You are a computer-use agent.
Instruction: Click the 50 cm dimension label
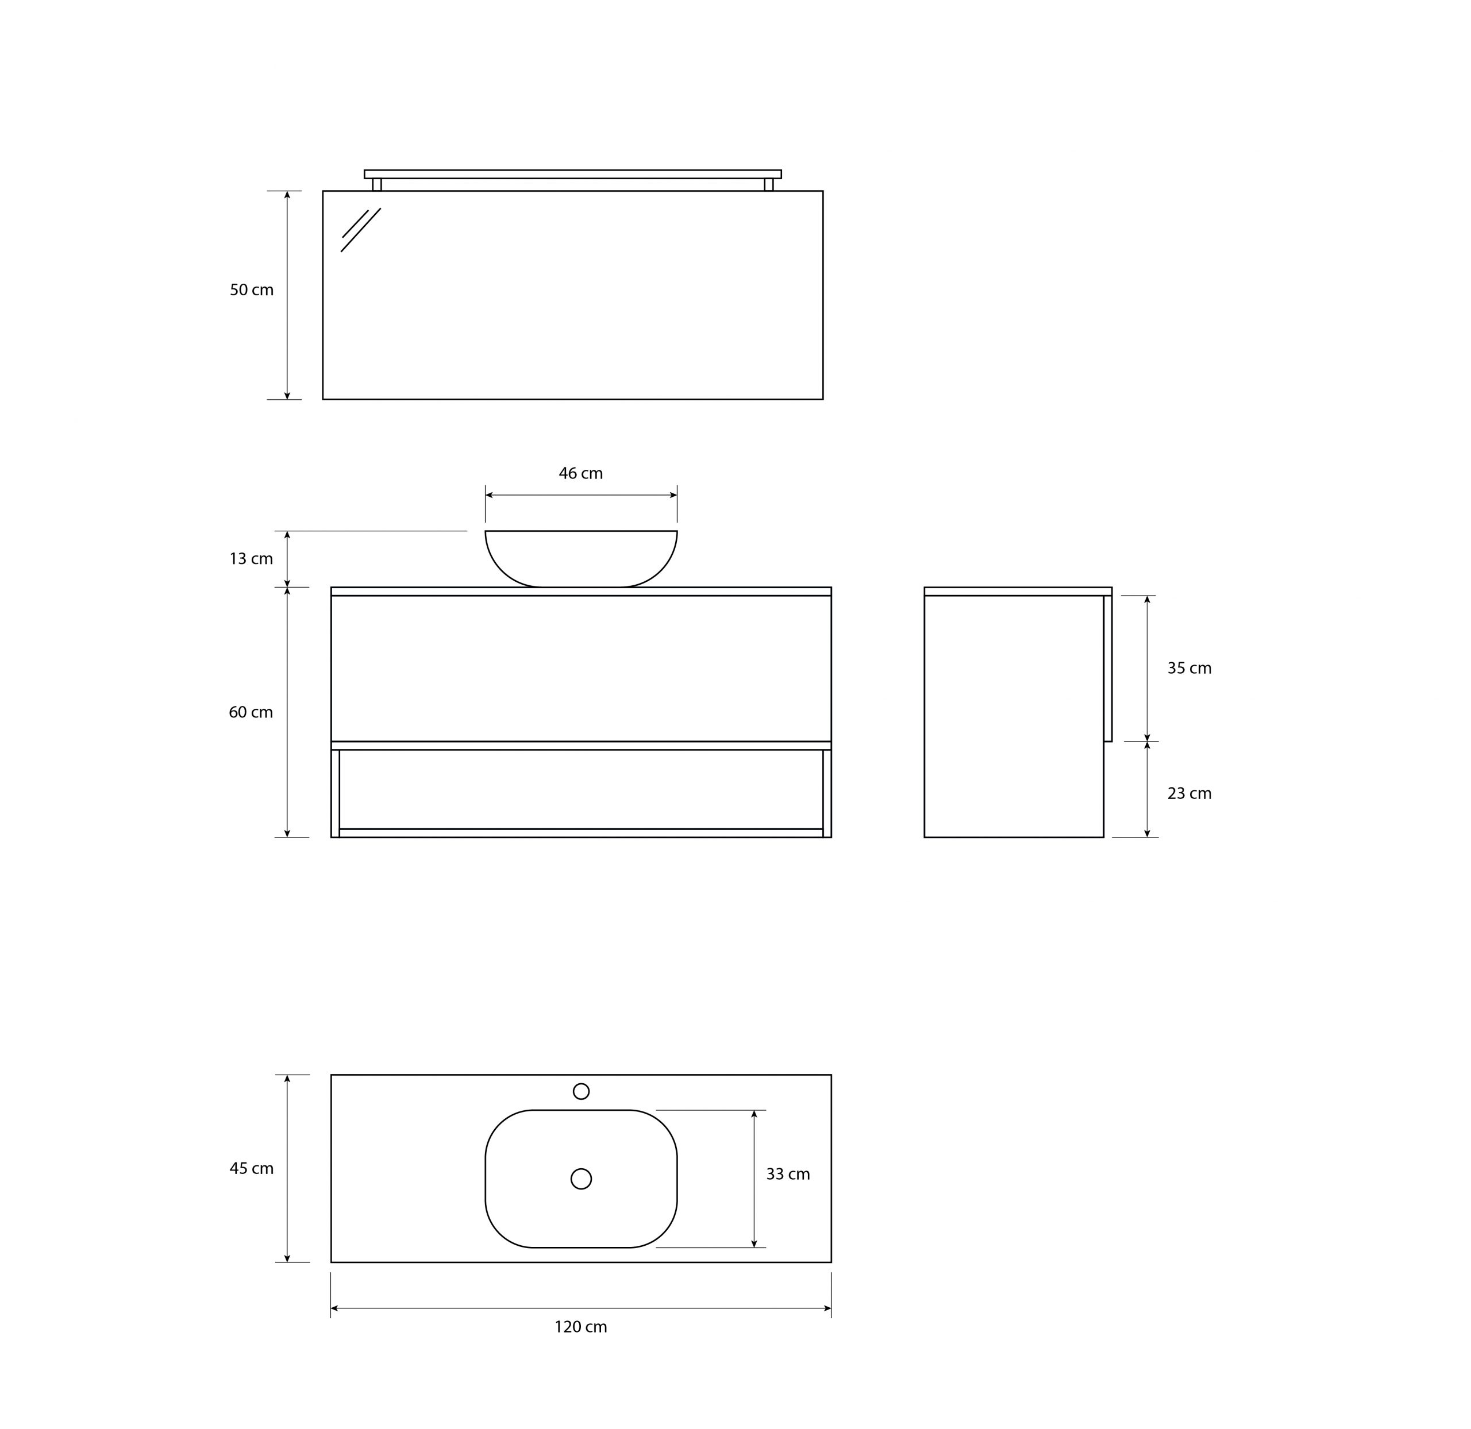[252, 289]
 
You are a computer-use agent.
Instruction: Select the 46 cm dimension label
[580, 474]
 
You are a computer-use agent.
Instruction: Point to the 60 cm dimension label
[251, 712]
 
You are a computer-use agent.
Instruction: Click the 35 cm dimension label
[1189, 669]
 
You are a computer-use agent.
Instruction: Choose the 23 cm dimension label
[1189, 793]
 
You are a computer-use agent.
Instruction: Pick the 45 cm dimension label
[252, 1169]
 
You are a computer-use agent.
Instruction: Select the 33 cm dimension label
[788, 1175]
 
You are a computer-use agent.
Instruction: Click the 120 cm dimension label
[580, 1327]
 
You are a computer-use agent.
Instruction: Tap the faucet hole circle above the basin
[581, 1091]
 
